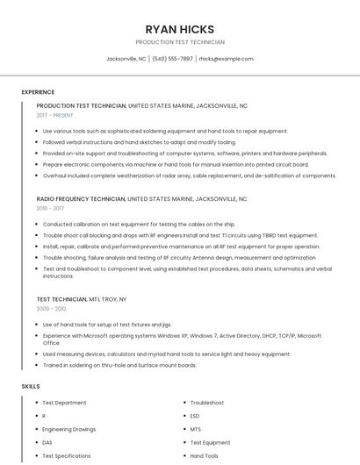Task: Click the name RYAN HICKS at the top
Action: [179, 30]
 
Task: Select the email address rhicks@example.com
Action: [226, 59]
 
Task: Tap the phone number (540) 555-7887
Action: [172, 59]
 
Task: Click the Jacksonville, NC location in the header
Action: [126, 59]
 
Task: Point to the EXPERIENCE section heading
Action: [38, 91]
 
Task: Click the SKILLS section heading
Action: [31, 386]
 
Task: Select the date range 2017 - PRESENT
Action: [55, 115]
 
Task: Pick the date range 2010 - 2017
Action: [50, 209]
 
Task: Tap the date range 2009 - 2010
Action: [51, 309]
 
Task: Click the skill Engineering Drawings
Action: [69, 429]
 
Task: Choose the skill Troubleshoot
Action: [207, 403]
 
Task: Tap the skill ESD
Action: [195, 416]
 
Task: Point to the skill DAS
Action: [47, 443]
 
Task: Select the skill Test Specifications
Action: [67, 456]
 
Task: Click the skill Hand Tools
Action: [204, 456]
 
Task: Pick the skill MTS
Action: [196, 429]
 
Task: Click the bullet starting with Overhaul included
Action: [189, 175]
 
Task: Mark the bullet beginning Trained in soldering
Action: [119, 365]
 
